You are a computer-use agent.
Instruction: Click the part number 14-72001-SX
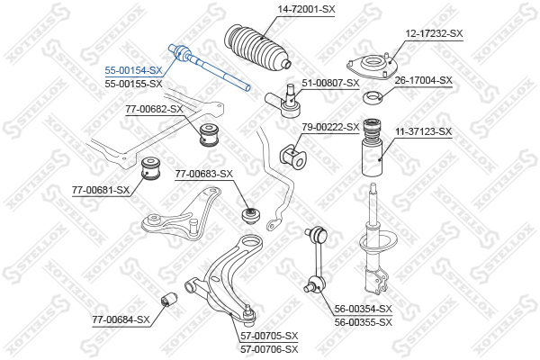click(x=306, y=9)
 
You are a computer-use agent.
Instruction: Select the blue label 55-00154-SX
click(x=133, y=70)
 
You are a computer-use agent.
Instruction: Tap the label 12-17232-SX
click(x=434, y=33)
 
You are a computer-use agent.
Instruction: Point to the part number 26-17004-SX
click(x=423, y=81)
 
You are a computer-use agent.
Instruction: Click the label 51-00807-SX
click(x=330, y=83)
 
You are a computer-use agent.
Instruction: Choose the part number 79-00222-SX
click(x=330, y=127)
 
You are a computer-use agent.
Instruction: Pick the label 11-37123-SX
click(x=423, y=131)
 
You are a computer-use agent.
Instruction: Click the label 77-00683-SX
click(x=204, y=174)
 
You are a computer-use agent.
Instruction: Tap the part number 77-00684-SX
click(x=121, y=320)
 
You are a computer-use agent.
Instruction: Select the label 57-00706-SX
click(x=269, y=349)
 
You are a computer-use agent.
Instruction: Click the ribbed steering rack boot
click(x=257, y=47)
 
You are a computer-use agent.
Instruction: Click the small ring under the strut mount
click(x=373, y=97)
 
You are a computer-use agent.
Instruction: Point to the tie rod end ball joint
click(x=283, y=101)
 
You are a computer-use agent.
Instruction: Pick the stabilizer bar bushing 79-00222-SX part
click(x=292, y=156)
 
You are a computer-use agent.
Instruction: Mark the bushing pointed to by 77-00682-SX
click(x=210, y=134)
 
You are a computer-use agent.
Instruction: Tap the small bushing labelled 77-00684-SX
click(x=169, y=298)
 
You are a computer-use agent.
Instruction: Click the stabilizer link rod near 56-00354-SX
click(x=316, y=259)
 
